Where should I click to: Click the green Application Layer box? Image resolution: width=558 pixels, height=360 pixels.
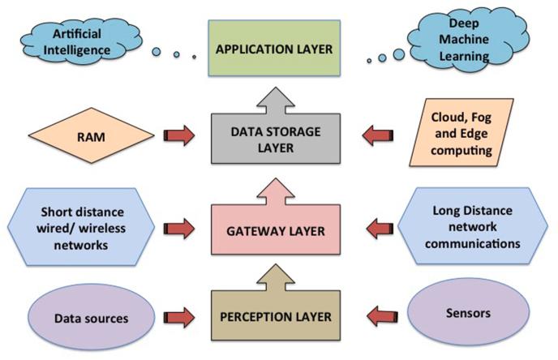pos(274,48)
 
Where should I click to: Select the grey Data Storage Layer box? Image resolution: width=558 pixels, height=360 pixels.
pos(276,139)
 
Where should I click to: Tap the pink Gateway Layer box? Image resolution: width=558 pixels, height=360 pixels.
pos(276,229)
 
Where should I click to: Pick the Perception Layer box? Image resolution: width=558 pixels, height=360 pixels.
pos(276,316)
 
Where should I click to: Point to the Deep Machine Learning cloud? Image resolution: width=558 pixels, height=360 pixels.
pos(467,39)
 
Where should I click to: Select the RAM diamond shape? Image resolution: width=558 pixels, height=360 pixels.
pos(91,135)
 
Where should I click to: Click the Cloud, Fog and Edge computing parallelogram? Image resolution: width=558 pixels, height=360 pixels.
pos(461,133)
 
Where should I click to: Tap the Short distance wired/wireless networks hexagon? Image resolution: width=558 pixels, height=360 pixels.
pos(81,227)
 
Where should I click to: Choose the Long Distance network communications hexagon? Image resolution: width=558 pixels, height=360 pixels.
pos(473,226)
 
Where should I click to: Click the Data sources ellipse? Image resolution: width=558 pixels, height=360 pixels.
pos(91,317)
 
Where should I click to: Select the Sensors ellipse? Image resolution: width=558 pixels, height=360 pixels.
pos(468,312)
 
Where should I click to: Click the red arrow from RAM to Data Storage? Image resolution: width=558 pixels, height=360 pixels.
pos(179,135)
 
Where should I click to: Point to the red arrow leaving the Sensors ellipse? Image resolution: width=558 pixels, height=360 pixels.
pos(382,316)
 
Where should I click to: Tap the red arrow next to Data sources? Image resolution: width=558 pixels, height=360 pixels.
pos(179,318)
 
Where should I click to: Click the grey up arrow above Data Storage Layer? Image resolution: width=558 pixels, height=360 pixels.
pos(276,101)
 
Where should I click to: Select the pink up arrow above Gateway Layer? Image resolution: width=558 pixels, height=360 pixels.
pos(276,192)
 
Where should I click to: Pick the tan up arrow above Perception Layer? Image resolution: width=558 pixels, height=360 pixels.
pos(276,278)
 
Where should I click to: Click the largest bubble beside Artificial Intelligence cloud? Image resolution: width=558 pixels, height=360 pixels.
pos(157,52)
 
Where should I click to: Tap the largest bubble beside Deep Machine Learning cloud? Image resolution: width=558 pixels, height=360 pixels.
pos(399,54)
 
